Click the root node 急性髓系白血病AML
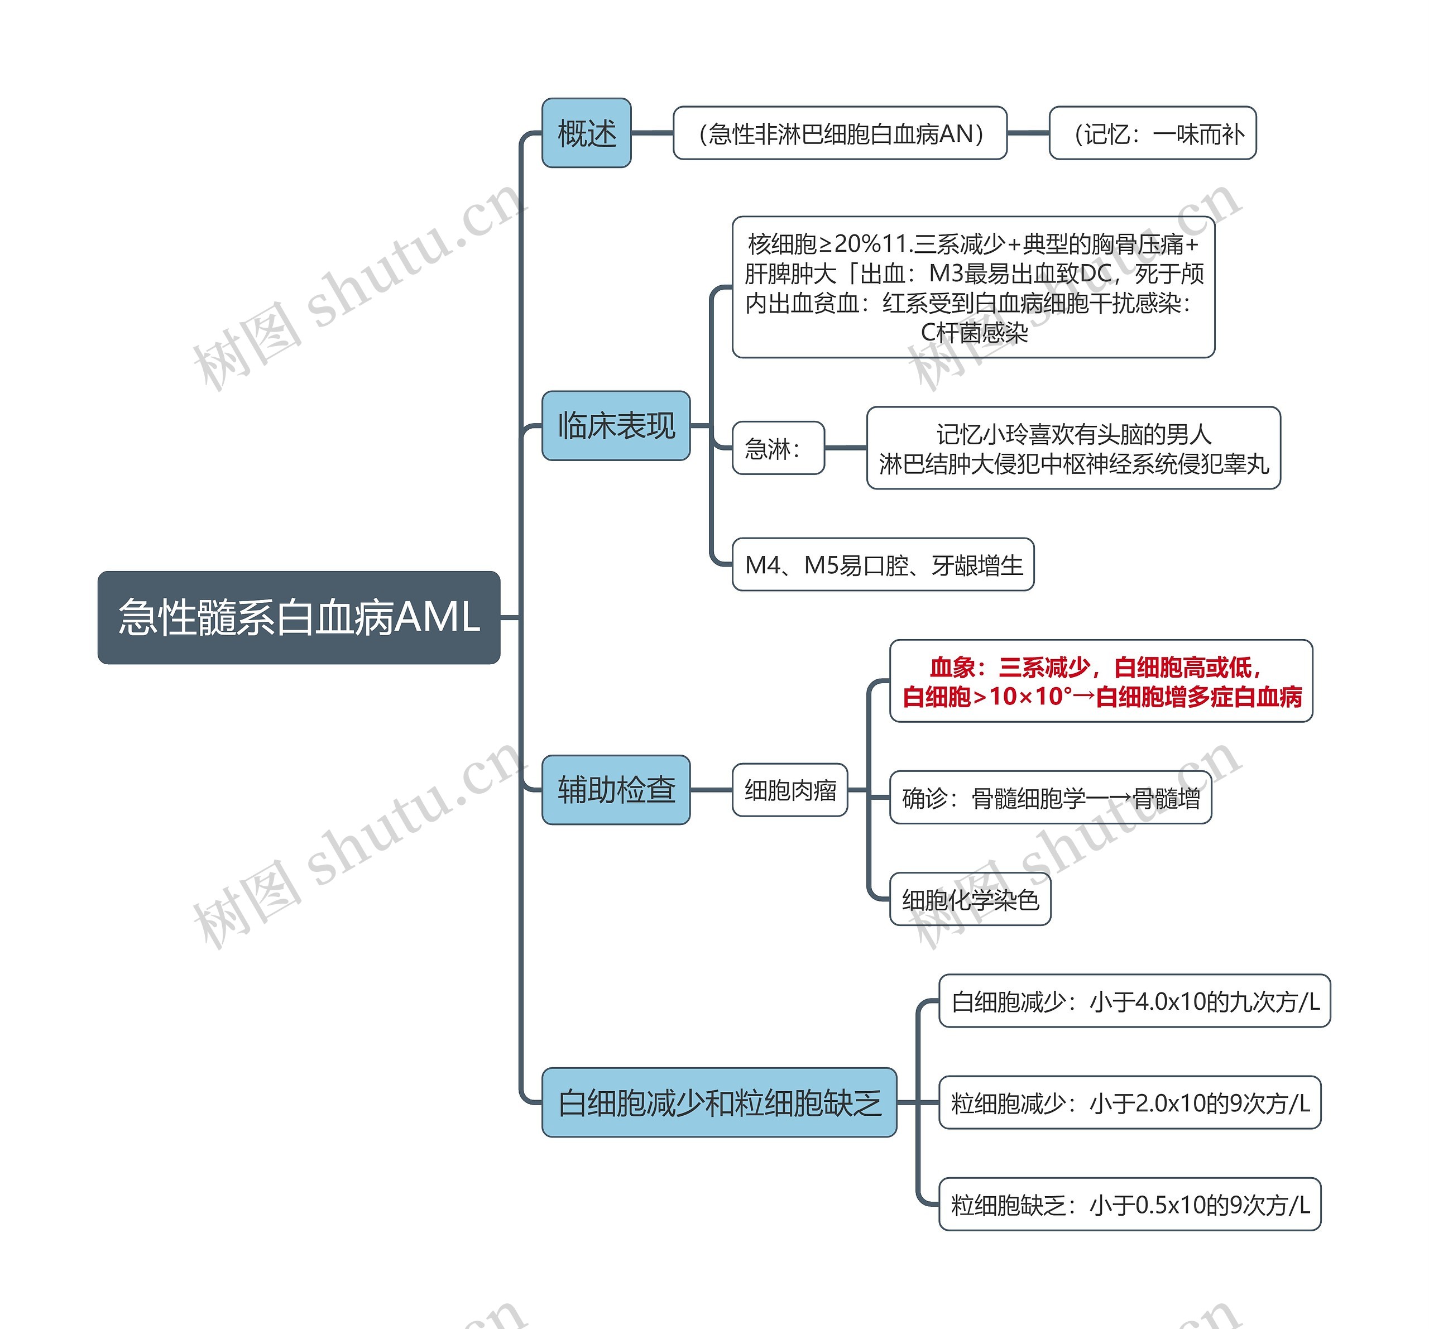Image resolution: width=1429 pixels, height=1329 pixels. [298, 617]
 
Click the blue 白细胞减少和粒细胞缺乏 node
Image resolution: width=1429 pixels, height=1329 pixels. [719, 1102]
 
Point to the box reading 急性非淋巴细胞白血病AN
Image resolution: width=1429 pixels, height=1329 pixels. [840, 133]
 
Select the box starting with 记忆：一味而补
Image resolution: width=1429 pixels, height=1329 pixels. [1152, 133]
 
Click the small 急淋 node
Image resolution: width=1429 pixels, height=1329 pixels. [778, 448]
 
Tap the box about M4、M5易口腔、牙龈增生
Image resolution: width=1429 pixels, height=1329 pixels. [883, 564]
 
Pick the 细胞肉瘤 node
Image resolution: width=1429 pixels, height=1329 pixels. [789, 790]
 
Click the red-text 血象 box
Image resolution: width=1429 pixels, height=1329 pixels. [1101, 680]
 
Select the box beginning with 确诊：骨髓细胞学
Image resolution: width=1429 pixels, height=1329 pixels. [1050, 797]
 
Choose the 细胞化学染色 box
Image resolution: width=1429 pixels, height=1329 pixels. [970, 899]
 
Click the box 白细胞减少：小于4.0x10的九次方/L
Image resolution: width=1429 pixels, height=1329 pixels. [1134, 1001]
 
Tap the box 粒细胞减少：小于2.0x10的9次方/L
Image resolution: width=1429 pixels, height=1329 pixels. [1129, 1102]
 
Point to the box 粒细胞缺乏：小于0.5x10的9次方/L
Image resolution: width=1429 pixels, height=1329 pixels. [1129, 1204]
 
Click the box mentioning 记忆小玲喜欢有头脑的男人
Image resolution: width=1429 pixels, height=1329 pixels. [1073, 448]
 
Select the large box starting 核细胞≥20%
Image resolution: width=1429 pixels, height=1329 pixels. [974, 287]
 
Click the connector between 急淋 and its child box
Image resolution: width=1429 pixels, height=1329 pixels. [845, 448]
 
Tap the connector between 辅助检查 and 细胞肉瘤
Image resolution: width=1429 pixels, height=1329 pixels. [711, 789]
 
